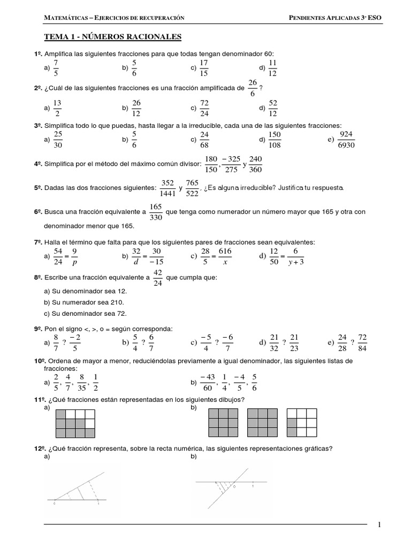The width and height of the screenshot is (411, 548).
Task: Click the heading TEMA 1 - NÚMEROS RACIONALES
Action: coord(112,37)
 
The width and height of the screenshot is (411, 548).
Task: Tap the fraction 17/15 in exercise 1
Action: coord(203,68)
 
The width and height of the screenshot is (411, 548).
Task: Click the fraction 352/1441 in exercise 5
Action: coord(168,188)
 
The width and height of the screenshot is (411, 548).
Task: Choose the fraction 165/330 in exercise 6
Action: coord(156,212)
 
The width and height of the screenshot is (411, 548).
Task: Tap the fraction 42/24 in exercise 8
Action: coord(157,278)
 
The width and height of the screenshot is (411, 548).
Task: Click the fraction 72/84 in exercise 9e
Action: coord(362,342)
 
